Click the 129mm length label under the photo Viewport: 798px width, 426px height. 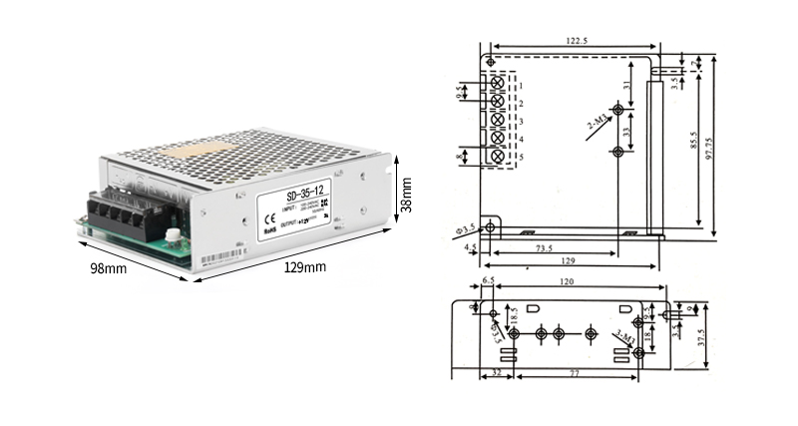click(305, 267)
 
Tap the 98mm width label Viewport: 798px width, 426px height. click(108, 268)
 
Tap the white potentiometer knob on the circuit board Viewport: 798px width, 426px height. click(172, 237)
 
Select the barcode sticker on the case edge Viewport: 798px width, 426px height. click(220, 258)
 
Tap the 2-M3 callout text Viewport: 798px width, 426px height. click(598, 123)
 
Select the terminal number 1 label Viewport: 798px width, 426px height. click(521, 87)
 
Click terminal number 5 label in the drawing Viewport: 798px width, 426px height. click(521, 157)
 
